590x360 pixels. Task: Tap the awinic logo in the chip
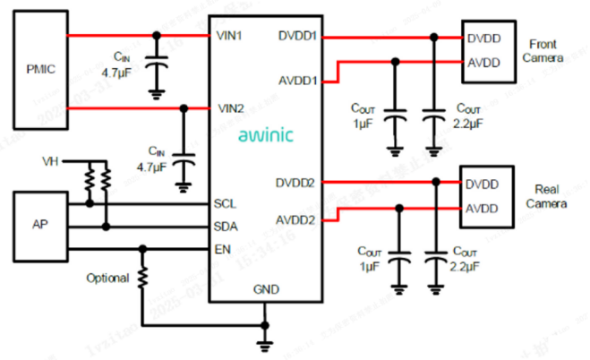(x=266, y=136)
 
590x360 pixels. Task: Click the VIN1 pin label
(x=231, y=36)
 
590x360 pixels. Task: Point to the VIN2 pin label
(x=231, y=108)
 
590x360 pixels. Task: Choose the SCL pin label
(x=225, y=203)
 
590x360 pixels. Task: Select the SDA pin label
(x=226, y=226)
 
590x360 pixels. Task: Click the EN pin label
(x=222, y=248)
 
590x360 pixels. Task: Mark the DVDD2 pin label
(x=297, y=183)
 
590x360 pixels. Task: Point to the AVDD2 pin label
(x=297, y=220)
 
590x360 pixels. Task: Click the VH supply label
(x=51, y=162)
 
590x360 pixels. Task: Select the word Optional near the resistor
(x=107, y=279)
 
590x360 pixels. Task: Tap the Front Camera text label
(x=546, y=51)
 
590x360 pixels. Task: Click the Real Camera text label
(x=546, y=196)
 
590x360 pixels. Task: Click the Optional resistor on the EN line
(x=142, y=279)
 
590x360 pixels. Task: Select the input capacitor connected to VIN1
(x=158, y=65)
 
